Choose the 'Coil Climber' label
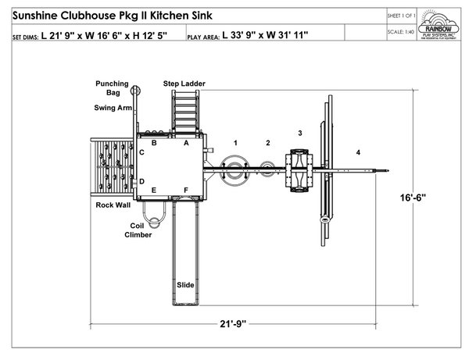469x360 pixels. [138, 230]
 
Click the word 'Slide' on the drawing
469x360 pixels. [185, 285]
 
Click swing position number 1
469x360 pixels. [235, 143]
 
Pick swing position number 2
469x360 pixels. [267, 143]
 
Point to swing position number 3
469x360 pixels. [299, 134]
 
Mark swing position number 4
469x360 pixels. [359, 151]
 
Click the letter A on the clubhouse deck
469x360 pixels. [186, 143]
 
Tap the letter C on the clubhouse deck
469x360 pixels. [141, 152]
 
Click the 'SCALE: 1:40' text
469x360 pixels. [401, 33]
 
